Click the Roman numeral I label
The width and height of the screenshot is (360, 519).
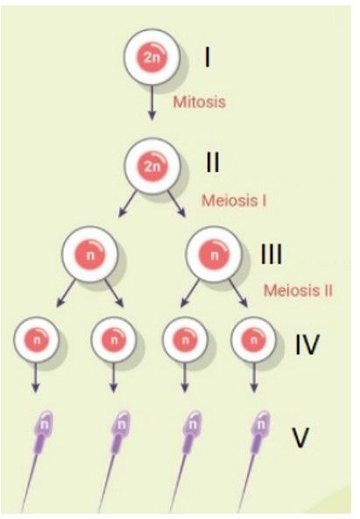coord(208,57)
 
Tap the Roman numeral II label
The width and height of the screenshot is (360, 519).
coord(212,162)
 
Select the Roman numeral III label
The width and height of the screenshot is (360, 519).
coord(272,254)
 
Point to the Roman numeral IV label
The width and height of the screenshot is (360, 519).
coord(307,345)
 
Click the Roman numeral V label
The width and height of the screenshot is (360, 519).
coord(300,437)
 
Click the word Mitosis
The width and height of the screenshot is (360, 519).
coord(200,102)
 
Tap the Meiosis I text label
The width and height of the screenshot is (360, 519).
coord(234,201)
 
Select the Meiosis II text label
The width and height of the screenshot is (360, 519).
coord(298,290)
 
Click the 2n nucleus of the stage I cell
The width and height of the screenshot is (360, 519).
coord(152,58)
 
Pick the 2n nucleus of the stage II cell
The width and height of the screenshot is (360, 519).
coord(152,167)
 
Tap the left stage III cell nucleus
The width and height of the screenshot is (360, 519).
coord(90,255)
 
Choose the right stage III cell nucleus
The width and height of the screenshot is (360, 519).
coord(215,255)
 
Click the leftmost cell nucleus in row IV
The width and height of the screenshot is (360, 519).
coord(37,340)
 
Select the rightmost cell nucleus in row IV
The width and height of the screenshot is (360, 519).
coord(254,340)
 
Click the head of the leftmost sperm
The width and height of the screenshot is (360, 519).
coord(45,424)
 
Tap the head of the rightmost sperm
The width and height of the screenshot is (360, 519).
coord(262,424)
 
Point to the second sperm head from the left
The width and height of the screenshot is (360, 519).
coord(122,424)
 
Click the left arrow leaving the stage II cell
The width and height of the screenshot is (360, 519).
coord(128,203)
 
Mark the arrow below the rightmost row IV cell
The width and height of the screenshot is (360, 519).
coord(254,377)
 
